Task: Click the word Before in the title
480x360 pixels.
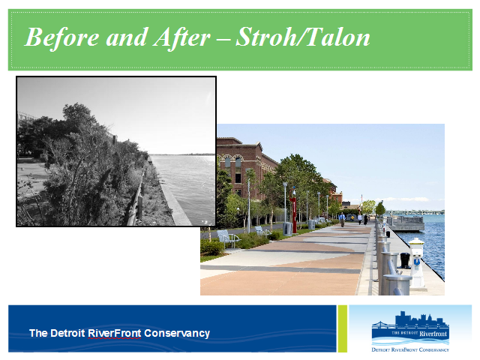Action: point(61,37)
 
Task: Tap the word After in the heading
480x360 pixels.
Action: point(181,37)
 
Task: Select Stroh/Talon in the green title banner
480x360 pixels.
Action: point(303,37)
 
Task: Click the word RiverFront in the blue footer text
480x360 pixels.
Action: point(115,333)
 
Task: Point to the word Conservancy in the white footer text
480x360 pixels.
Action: point(177,333)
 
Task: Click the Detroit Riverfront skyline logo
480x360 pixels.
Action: point(410,331)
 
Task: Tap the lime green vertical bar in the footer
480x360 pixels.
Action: point(342,328)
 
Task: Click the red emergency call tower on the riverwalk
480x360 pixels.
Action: point(293,211)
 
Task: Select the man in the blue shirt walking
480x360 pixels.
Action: point(342,220)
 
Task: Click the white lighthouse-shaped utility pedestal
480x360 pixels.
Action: point(417,263)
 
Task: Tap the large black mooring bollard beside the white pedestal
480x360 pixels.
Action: point(405,260)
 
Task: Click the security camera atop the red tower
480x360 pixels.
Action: point(294,192)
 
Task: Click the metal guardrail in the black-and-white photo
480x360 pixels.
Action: point(136,196)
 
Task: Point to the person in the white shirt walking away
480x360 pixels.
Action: point(360,219)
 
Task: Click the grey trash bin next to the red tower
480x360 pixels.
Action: point(287,229)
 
